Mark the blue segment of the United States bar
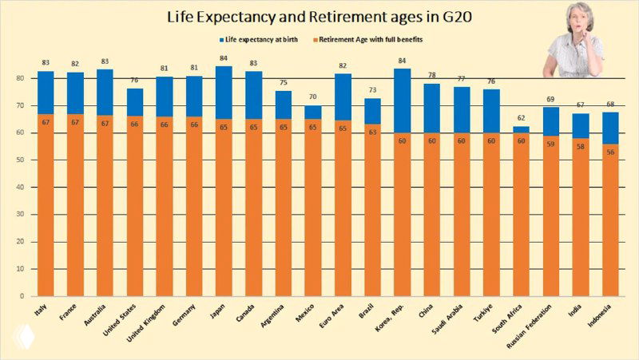coord(136,101)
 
